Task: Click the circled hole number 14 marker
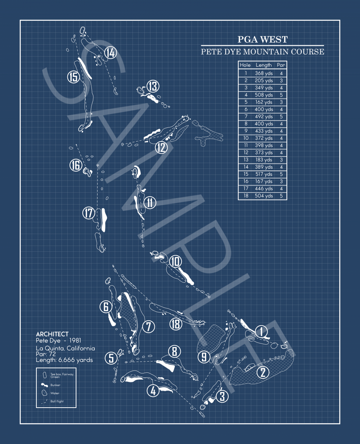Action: pyautogui.click(x=111, y=53)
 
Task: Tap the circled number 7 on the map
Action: pyautogui.click(x=148, y=327)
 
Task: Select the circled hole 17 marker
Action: pyautogui.click(x=89, y=214)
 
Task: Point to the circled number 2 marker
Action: pyautogui.click(x=263, y=373)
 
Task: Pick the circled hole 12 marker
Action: pyautogui.click(x=161, y=147)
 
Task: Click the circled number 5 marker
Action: pyautogui.click(x=112, y=358)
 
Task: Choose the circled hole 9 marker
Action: pyautogui.click(x=203, y=357)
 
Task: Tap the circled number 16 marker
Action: pyautogui.click(x=76, y=166)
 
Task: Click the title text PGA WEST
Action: pyautogui.click(x=263, y=39)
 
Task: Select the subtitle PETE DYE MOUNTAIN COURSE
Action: pyautogui.click(x=263, y=52)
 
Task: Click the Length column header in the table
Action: pyautogui.click(x=264, y=65)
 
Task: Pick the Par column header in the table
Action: pyautogui.click(x=281, y=65)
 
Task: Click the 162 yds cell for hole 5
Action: pyautogui.click(x=264, y=102)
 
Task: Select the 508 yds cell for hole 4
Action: pyautogui.click(x=264, y=94)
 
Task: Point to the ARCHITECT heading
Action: pyautogui.click(x=52, y=334)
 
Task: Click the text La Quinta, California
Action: pyautogui.click(x=65, y=349)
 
